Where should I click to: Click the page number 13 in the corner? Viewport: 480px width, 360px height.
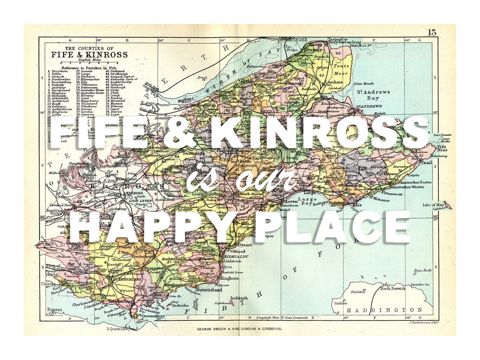432,32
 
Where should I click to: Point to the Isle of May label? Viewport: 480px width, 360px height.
434,205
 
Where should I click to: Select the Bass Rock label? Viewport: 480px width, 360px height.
423,270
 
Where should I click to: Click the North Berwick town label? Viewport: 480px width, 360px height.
393,288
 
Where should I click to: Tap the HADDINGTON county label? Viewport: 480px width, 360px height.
384,310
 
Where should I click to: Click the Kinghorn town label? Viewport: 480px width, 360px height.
229,278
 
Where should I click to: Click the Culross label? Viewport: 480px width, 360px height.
48,284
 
